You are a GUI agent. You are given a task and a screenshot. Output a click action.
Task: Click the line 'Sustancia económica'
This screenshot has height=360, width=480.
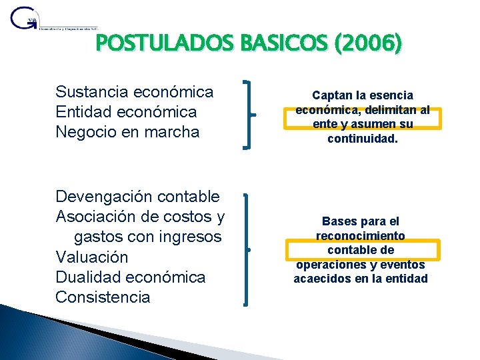coord(135,91)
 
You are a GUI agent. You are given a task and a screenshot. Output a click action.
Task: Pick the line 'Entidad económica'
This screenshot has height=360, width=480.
coord(126,111)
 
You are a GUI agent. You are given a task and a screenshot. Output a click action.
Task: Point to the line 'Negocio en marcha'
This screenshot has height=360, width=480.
coord(127,131)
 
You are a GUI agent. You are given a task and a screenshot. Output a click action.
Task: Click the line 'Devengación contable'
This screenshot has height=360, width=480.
coord(137,197)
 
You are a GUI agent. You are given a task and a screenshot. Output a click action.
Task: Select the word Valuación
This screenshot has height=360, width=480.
coord(92,257)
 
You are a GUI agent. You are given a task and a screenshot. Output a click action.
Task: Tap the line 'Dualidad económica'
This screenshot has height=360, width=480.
coord(131,277)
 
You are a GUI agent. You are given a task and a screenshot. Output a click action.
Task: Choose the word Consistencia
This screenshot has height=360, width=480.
coord(103,297)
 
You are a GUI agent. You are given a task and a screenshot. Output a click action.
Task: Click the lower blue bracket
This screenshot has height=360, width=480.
coord(247,249)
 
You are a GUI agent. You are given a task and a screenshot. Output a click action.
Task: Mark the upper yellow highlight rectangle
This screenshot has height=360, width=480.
coord(363,119)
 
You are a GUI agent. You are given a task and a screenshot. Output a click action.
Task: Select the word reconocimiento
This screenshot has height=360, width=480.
coord(361,236)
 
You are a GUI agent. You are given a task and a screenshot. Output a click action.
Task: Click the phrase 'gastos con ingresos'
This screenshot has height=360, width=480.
coord(147,237)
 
